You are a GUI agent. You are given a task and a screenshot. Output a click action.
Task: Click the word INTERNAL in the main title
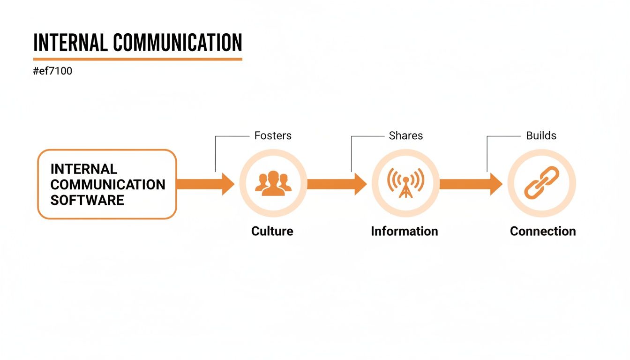tap(70, 43)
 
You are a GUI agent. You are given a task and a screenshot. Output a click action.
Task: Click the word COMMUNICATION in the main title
tap(178, 43)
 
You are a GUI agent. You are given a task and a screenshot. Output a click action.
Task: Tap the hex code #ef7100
tap(52, 72)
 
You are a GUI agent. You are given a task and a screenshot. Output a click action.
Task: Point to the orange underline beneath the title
tap(137, 59)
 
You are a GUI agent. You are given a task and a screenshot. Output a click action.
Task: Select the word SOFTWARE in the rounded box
tap(87, 200)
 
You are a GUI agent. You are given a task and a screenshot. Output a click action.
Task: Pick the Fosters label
tap(273, 136)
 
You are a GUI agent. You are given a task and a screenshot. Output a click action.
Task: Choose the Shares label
tap(406, 136)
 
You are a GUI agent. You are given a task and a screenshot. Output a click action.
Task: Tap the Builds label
tap(541, 136)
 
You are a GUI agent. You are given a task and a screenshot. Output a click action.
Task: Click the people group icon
tap(273, 183)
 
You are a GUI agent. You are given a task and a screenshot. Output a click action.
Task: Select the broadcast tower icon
tap(405, 183)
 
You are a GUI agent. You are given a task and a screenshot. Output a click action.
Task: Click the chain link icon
tap(541, 183)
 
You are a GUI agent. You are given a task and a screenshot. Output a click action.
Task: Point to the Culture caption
tap(272, 231)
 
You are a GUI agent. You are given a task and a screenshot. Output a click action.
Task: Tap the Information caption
tap(405, 231)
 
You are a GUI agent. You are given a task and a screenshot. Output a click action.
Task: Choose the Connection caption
tap(543, 231)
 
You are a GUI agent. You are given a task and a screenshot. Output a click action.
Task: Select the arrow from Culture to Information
tap(337, 184)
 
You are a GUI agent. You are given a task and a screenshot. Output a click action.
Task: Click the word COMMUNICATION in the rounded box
tap(108, 185)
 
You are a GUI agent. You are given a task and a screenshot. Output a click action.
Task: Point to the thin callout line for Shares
tap(352, 152)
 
